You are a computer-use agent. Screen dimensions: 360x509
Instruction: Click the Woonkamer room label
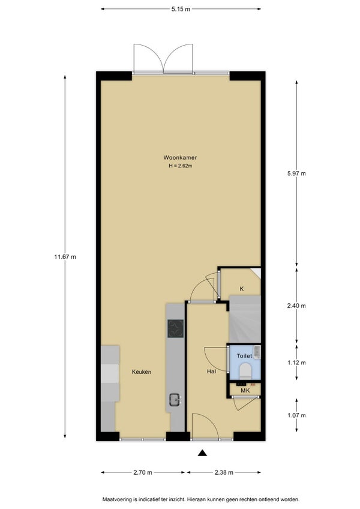(x=180, y=158)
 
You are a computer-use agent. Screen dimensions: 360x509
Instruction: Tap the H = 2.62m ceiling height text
(x=180, y=166)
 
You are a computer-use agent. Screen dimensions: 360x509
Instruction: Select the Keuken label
(x=142, y=372)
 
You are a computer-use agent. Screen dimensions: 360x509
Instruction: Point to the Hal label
(x=211, y=372)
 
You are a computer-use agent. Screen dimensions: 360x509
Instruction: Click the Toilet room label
(x=244, y=356)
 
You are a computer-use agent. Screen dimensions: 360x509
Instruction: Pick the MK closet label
(x=245, y=391)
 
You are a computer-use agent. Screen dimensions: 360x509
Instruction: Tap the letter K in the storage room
(x=242, y=289)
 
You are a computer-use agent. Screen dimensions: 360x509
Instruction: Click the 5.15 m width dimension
(x=181, y=9)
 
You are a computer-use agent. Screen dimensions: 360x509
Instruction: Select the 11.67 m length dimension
(x=65, y=257)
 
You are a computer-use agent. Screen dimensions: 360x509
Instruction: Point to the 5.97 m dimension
(x=296, y=173)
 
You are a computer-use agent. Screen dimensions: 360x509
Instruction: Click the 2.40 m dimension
(x=296, y=306)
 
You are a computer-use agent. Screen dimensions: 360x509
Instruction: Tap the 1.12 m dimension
(x=296, y=363)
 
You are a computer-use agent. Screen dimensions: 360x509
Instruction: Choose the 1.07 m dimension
(x=296, y=415)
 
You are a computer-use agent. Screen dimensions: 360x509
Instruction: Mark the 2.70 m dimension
(x=143, y=472)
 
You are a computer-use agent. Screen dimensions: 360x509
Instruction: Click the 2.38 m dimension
(x=224, y=472)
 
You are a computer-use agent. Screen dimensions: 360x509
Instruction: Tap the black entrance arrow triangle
(x=203, y=453)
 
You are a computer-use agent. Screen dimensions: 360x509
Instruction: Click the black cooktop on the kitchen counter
(x=176, y=328)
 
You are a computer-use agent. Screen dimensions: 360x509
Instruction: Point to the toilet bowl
(x=245, y=370)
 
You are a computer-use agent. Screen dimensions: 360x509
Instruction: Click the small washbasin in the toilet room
(x=257, y=352)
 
